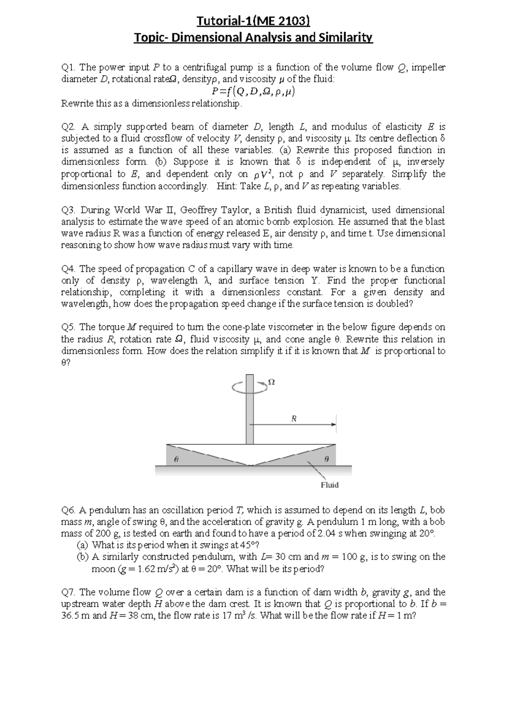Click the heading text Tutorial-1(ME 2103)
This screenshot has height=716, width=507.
(253, 21)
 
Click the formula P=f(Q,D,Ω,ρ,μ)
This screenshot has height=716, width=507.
(253, 92)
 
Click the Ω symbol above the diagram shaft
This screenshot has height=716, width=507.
(272, 382)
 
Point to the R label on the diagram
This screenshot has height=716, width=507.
(294, 419)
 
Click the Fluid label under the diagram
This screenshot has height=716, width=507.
(330, 485)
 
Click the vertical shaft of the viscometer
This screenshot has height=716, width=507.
(250, 410)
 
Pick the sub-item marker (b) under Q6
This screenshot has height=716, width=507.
(83, 557)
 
